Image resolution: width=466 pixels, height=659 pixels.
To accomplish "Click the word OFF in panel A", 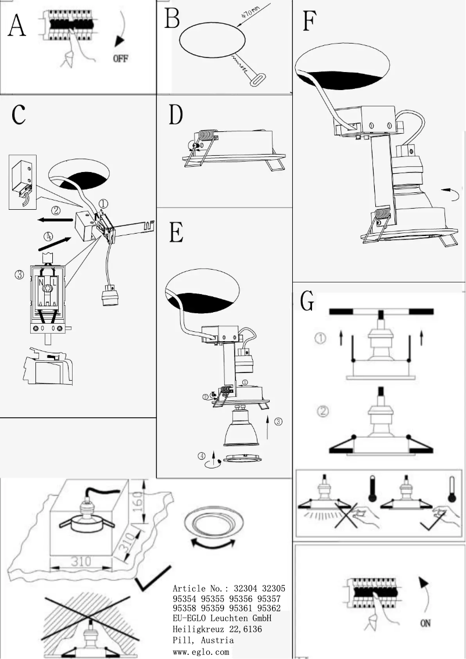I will point(120,59).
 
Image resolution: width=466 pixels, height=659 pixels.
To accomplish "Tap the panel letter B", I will point(172,18).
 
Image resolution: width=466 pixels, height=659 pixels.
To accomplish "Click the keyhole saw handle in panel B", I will point(256,80).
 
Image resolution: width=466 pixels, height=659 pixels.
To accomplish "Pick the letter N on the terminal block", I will point(41,284).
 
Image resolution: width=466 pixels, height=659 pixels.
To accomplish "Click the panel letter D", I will point(175,116).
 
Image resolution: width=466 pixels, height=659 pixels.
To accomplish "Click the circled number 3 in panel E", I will point(278,422).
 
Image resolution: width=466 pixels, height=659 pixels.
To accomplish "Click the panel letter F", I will point(310,23).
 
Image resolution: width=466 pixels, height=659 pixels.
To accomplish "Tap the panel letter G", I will point(307,301).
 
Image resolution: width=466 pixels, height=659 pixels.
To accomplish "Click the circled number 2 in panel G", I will point(323,411).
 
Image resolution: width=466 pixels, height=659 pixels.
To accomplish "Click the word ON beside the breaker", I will point(425,624).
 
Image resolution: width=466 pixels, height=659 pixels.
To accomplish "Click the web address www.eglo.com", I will point(201,653).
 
